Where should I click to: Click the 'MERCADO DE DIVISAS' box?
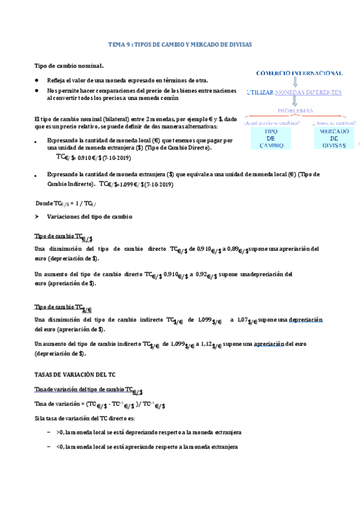[332, 138]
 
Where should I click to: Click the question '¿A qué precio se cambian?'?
[268, 123]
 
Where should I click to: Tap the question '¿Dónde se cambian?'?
[334, 123]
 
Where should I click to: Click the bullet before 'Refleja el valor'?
[37, 80]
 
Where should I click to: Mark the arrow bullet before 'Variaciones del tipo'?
[37, 216]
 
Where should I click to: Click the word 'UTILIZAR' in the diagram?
[260, 92]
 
